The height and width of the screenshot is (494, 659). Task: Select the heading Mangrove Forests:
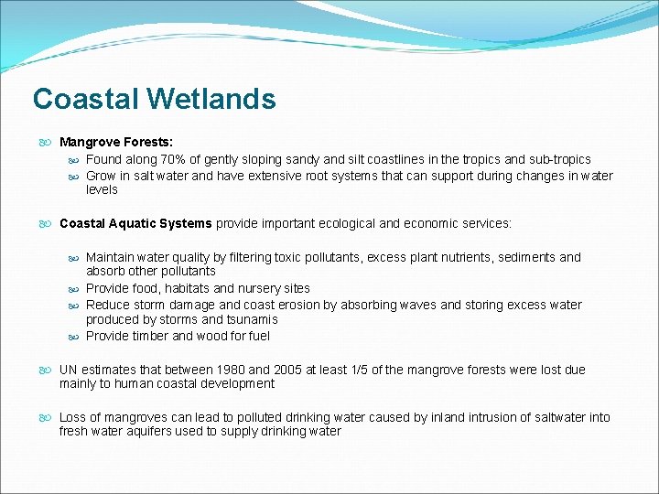point(116,142)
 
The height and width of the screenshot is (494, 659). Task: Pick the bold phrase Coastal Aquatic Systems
point(135,223)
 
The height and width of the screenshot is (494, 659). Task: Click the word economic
point(438,223)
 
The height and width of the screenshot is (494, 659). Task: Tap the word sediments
point(522,257)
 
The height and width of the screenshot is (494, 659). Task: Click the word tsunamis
point(251,319)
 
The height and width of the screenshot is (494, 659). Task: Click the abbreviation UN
point(69,370)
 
